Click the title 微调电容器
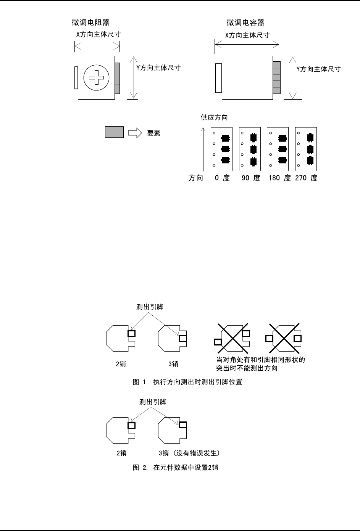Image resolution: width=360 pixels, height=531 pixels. click(245, 23)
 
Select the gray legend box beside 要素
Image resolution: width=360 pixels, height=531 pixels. click(114, 132)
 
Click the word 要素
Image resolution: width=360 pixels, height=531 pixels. click(154, 133)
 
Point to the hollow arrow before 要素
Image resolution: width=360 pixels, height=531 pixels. click(135, 133)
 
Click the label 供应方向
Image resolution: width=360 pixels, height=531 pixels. click(214, 117)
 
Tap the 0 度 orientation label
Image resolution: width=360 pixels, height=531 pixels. click(222, 178)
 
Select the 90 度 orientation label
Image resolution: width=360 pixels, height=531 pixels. click(251, 178)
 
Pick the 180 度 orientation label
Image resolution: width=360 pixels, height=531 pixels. click(279, 178)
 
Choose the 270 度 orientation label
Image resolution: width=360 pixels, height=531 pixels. click(306, 178)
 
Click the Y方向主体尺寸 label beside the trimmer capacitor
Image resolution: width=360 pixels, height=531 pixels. click(318, 69)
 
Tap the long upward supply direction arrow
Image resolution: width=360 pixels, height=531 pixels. click(204, 149)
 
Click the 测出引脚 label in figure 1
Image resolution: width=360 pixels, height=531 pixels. click(150, 307)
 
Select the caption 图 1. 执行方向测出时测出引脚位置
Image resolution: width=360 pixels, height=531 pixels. click(187, 382)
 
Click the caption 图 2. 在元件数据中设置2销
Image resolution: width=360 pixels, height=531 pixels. click(175, 467)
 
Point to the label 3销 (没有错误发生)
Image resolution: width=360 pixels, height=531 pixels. click(189, 453)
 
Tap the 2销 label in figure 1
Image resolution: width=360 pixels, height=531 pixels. click(121, 364)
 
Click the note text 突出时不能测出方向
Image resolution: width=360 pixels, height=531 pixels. click(247, 368)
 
